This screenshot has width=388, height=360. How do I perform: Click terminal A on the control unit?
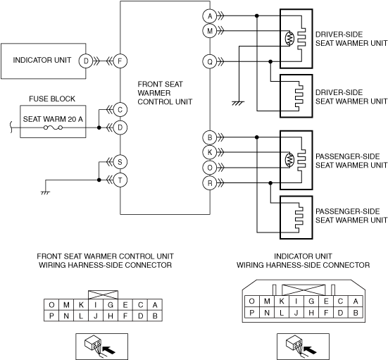(x=210, y=16)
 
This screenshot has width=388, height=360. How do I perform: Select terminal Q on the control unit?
(x=210, y=61)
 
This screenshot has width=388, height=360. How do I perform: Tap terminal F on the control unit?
(x=120, y=61)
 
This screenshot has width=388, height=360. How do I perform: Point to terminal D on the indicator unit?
(x=86, y=61)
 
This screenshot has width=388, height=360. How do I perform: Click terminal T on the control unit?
(x=120, y=180)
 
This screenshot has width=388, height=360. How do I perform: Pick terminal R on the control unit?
(x=210, y=183)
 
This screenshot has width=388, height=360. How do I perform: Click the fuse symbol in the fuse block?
(x=53, y=128)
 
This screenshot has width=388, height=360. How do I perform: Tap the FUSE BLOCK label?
(x=52, y=99)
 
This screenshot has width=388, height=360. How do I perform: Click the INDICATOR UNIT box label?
(x=42, y=60)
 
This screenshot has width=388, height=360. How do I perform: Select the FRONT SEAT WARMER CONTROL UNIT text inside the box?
(x=165, y=93)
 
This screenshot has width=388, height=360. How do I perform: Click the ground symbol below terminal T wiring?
(x=46, y=192)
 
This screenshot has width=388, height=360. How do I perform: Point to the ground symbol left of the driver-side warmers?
(x=238, y=104)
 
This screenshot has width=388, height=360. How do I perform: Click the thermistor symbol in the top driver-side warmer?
(x=289, y=38)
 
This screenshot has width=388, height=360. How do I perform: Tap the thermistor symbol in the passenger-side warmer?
(x=289, y=160)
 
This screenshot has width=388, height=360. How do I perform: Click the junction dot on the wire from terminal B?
(x=257, y=137)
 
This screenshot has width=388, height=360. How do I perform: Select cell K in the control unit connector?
(x=81, y=305)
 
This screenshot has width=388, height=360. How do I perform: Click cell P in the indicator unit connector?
(x=251, y=313)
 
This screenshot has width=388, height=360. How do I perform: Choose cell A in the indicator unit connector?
(x=356, y=302)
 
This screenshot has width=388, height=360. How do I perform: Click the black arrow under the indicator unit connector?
(x=310, y=349)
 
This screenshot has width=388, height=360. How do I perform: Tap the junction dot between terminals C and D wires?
(x=99, y=128)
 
